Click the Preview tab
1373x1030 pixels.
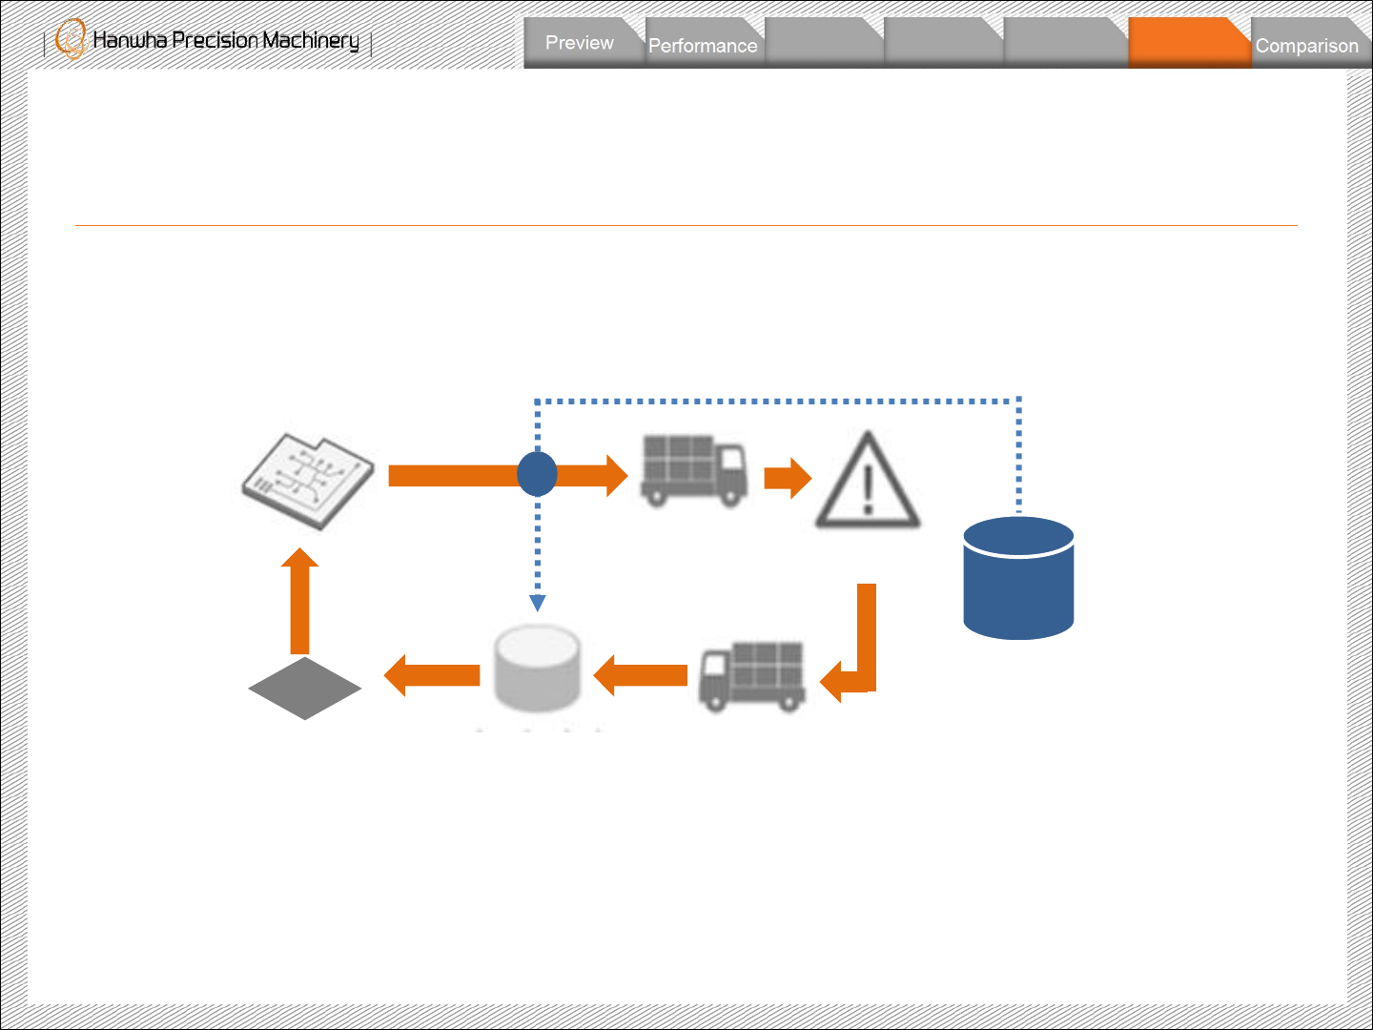[x=580, y=43]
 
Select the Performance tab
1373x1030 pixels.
[x=703, y=46]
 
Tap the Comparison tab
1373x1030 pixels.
[x=1306, y=46]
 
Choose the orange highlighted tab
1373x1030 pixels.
[x=1188, y=44]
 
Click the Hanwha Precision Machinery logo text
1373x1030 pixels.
[x=226, y=40]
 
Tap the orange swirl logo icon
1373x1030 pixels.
[x=71, y=39]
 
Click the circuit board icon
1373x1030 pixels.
[x=307, y=481]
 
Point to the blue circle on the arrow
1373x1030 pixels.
[x=537, y=474]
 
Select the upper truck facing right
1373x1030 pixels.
[x=693, y=470]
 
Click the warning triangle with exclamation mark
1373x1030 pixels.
[x=868, y=483]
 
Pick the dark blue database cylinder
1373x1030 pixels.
[x=1018, y=578]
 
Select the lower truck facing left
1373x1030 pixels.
[x=752, y=675]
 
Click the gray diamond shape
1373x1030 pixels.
[x=305, y=688]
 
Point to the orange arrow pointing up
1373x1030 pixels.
[x=299, y=601]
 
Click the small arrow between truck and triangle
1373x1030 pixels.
[x=787, y=478]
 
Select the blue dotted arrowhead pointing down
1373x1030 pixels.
[x=538, y=603]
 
